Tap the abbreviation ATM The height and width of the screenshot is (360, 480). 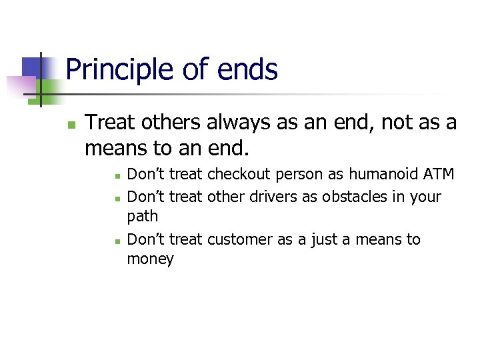(439, 175)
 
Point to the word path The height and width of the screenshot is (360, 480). (142, 217)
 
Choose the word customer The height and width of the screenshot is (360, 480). (240, 239)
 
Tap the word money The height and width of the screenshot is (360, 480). (150, 259)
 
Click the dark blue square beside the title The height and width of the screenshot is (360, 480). (33, 67)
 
